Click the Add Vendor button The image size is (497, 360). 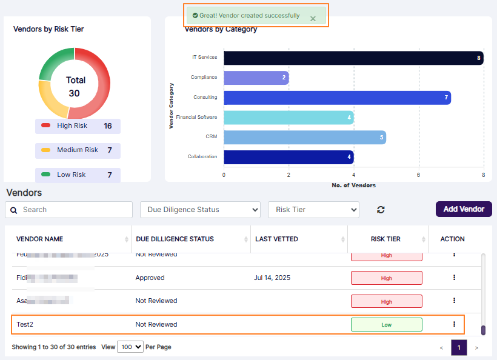click(464, 209)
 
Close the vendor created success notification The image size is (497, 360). click(313, 19)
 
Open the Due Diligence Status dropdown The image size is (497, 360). click(200, 210)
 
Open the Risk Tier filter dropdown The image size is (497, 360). click(313, 210)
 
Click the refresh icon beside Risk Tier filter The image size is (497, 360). click(381, 210)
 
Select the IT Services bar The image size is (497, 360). click(353, 58)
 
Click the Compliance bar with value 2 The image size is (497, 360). click(256, 78)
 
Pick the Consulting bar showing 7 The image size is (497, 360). click(336, 98)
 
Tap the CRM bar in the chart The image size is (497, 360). click(304, 138)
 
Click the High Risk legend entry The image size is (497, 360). click(78, 126)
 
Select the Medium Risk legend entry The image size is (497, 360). click(78, 150)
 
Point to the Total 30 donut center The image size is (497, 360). click(75, 86)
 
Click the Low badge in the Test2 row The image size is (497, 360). click(386, 325)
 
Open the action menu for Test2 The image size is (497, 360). click(454, 324)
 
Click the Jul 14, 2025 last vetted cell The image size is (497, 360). click(272, 278)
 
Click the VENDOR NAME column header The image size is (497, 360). click(40, 239)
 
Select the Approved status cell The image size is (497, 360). click(150, 278)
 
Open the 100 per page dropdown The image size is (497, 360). click(130, 347)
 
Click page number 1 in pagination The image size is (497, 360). click(459, 348)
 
